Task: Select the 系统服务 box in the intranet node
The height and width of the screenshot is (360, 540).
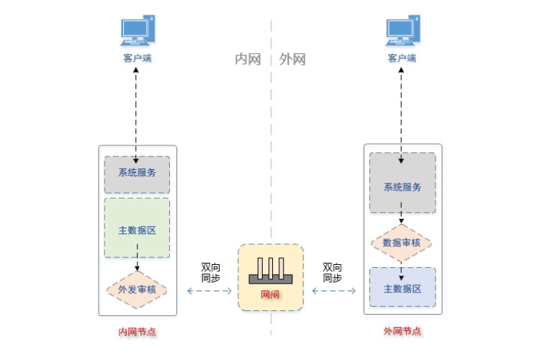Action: click(137, 174)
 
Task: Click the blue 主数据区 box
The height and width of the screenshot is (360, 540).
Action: click(402, 288)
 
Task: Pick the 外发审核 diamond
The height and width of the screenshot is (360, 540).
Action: click(137, 289)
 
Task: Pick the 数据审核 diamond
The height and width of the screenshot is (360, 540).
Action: click(402, 243)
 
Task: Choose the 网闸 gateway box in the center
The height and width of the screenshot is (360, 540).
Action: click(271, 277)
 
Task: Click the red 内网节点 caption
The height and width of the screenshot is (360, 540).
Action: click(137, 332)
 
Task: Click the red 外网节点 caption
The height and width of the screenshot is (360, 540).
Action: click(402, 332)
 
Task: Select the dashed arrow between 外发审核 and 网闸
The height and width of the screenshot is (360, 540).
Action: click(210, 291)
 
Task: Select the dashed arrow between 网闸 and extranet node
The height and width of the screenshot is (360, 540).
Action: click(333, 291)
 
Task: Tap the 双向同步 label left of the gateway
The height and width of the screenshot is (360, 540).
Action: click(210, 271)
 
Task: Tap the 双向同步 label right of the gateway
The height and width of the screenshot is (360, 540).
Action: click(332, 271)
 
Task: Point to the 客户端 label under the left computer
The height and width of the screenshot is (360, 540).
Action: click(137, 58)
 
